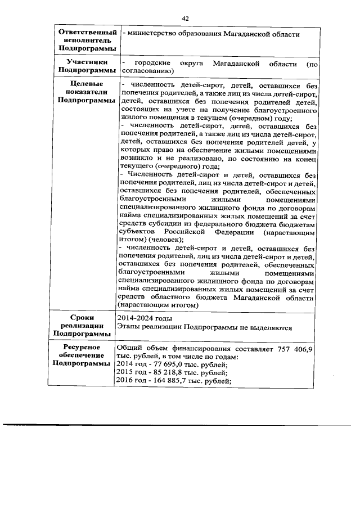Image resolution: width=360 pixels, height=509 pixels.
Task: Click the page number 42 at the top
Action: pyautogui.click(x=184, y=18)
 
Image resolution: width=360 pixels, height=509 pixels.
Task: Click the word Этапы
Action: pyautogui.click(x=129, y=327)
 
